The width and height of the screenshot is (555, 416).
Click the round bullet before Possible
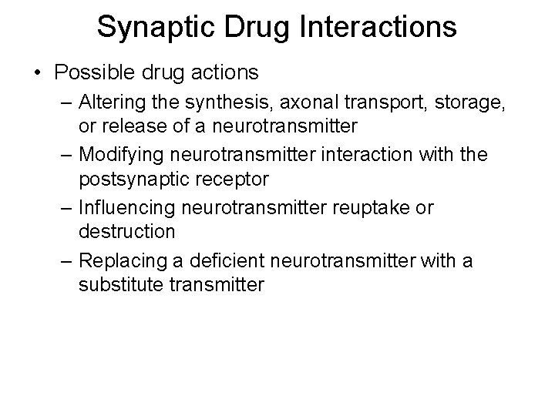[x=38, y=74]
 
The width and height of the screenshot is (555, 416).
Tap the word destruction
[x=126, y=230]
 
